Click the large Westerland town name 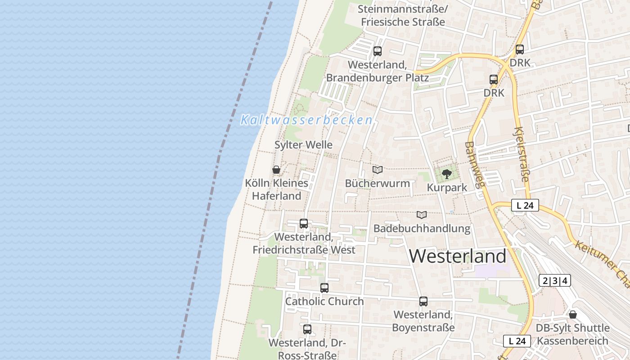click(458, 256)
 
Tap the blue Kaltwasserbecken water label click(306, 120)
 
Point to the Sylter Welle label click(303, 145)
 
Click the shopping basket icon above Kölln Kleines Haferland click(276, 170)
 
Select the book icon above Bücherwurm click(377, 170)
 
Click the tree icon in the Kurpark click(446, 174)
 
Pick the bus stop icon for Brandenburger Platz click(377, 51)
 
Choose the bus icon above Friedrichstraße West click(304, 224)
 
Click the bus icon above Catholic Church click(324, 288)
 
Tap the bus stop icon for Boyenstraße click(423, 301)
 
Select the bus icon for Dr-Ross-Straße click(307, 329)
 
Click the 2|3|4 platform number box click(554, 281)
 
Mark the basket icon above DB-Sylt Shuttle click(573, 315)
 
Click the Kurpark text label click(447, 187)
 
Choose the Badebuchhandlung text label click(422, 229)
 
